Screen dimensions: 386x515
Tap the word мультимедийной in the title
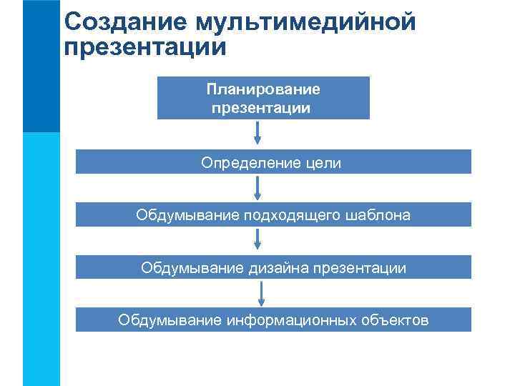[x=301, y=23]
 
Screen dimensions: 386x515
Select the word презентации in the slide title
[x=145, y=49]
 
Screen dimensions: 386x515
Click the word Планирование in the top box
[x=263, y=90]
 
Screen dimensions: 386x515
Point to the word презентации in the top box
[x=262, y=109]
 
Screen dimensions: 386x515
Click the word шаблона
[x=378, y=215]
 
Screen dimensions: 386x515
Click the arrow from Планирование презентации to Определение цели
[x=257, y=132]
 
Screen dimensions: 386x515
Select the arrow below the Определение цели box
[x=257, y=188]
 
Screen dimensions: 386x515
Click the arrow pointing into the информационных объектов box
[x=261, y=294]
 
